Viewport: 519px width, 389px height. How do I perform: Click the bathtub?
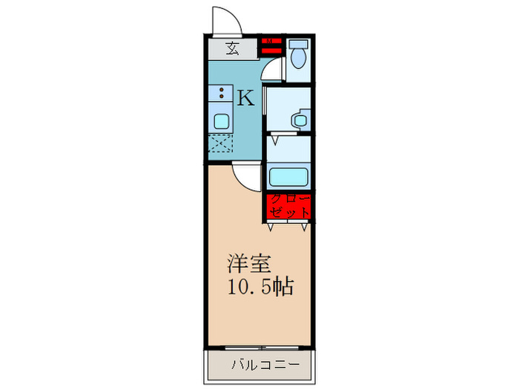(288, 178)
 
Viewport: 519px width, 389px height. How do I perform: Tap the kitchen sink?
(222, 122)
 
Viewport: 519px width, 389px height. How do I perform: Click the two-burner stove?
(221, 94)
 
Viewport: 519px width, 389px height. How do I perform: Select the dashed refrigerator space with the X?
(221, 144)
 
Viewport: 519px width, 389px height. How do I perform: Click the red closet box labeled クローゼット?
(288, 205)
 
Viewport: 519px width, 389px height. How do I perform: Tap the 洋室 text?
(248, 264)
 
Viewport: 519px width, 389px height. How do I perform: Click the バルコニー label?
(264, 365)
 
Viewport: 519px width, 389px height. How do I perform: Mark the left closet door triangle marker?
(271, 227)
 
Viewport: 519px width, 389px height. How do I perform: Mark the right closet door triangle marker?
(304, 227)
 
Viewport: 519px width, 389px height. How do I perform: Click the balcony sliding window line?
(259, 347)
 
